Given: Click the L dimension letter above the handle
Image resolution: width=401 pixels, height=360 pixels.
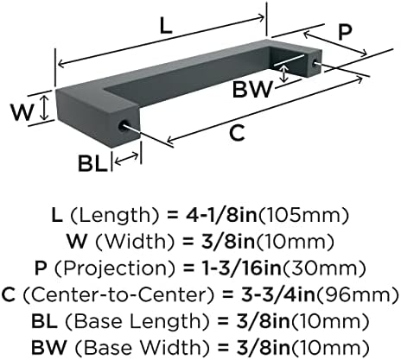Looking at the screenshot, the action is (x=166, y=27).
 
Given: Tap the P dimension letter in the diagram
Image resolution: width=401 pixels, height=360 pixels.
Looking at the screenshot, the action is (x=345, y=32).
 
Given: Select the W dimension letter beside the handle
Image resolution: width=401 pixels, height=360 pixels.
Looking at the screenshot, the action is (x=22, y=112).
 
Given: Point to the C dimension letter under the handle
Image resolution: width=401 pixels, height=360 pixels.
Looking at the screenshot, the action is (x=237, y=133).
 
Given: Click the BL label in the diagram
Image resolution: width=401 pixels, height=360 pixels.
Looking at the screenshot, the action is (x=92, y=163).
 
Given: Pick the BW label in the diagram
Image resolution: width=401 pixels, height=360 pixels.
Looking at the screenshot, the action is (x=252, y=89).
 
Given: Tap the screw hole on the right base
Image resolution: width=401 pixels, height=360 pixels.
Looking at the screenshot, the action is (x=315, y=61).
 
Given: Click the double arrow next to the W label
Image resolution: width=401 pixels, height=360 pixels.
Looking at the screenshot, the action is (x=44, y=108).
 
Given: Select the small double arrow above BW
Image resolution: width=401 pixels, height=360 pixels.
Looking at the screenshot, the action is (x=284, y=73).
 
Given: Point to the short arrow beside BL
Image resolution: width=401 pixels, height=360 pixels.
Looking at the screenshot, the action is (x=126, y=159).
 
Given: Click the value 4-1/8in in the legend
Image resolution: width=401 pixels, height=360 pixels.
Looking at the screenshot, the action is (x=220, y=215).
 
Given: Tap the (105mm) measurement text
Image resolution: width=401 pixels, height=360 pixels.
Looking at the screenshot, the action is (x=303, y=215).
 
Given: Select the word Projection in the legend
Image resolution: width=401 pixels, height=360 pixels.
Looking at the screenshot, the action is (x=114, y=268).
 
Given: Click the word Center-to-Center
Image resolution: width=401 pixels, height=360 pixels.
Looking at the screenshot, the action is (x=118, y=294).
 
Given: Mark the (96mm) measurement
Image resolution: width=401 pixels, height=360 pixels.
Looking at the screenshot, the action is (x=357, y=294).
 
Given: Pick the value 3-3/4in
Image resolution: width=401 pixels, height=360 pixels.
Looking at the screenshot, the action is (x=278, y=294).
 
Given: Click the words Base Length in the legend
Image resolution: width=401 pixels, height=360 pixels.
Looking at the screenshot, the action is (x=137, y=321).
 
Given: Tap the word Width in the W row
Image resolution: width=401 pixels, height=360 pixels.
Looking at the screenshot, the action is (x=135, y=242).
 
